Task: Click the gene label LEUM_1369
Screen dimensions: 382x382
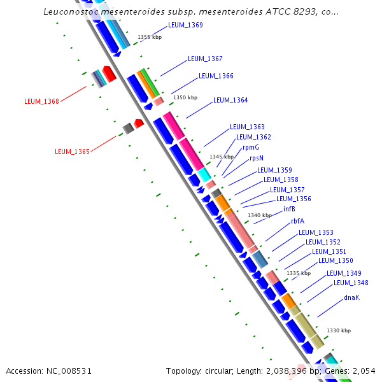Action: [x=185, y=25]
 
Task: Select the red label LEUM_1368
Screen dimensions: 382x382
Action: [x=41, y=101]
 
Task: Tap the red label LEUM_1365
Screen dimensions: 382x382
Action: [x=72, y=152]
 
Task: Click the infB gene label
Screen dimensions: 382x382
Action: [x=289, y=209]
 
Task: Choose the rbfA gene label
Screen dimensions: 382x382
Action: [x=297, y=222]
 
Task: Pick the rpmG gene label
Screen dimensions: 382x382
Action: [x=250, y=148]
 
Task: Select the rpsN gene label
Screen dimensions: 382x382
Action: [x=256, y=158]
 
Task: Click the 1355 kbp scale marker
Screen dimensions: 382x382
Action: [x=150, y=38]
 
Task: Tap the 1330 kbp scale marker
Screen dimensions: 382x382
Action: [x=339, y=330]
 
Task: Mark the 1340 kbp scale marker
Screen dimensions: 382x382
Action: [x=260, y=216]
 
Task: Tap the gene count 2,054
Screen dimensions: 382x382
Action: [x=363, y=371]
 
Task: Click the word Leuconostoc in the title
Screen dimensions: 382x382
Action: [x=71, y=12]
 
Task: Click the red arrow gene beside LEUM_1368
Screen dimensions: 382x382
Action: [x=109, y=74]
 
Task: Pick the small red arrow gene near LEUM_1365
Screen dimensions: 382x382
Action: [x=139, y=123]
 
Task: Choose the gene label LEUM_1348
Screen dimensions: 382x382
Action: [x=351, y=283]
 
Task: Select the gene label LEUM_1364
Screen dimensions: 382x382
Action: [x=230, y=100]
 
